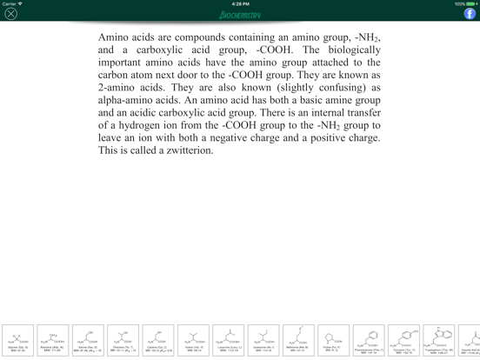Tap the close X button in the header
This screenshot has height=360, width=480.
click(11, 14)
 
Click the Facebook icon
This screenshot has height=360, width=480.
click(470, 14)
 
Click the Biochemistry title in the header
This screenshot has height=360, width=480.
click(240, 15)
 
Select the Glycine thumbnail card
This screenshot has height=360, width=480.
click(18, 340)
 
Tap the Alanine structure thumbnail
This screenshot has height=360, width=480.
click(53, 340)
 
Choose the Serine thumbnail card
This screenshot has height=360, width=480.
click(88, 340)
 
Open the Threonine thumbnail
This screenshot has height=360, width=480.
click(123, 340)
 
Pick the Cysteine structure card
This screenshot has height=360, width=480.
click(158, 340)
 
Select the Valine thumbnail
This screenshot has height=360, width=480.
click(193, 340)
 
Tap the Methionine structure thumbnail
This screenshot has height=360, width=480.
click(298, 340)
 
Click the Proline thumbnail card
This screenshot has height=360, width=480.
click(333, 340)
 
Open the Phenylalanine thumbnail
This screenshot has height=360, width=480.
click(369, 340)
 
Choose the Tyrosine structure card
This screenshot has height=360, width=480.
click(403, 340)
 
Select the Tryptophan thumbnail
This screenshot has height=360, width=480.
click(439, 340)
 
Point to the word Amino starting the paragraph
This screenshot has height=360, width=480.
click(114, 37)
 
